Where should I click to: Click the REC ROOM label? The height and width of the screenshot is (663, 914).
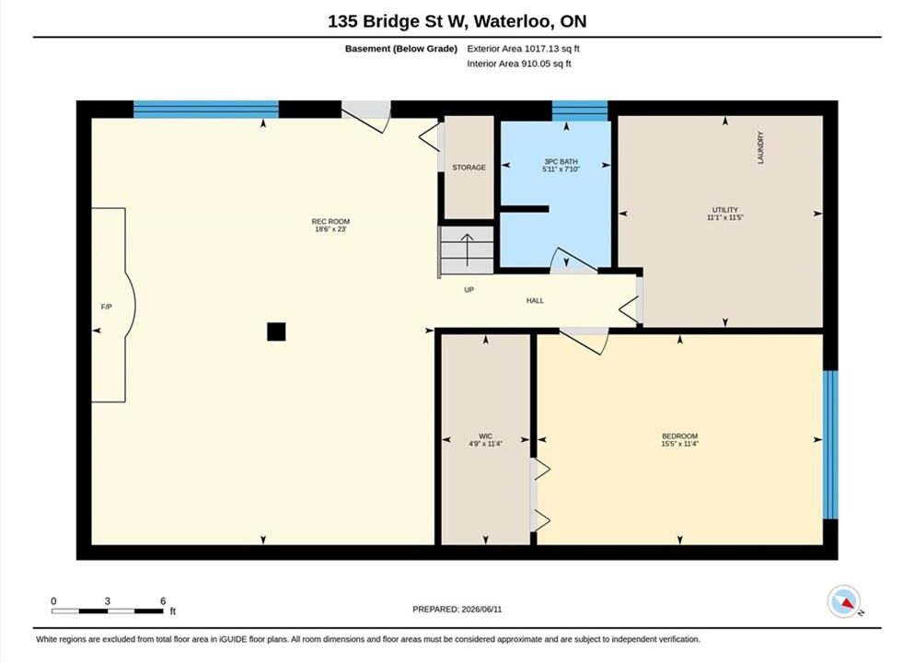[x=330, y=222]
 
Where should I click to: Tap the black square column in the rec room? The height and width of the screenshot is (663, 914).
[x=276, y=331]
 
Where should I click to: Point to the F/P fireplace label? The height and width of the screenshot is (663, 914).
[x=106, y=307]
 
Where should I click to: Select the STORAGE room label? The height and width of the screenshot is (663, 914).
[x=469, y=168]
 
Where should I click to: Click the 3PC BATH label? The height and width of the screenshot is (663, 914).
[x=561, y=161]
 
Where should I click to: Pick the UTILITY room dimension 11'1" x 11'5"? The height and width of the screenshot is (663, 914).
[x=725, y=217]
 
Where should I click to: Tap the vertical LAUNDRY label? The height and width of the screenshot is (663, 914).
[x=760, y=147]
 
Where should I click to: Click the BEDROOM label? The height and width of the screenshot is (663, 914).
[x=679, y=436]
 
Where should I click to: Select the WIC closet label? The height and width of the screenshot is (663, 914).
[x=486, y=436]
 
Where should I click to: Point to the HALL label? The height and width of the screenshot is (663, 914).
[x=535, y=301]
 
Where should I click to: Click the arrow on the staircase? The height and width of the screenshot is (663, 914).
[x=467, y=250]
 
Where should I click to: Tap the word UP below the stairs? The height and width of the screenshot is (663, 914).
[x=469, y=290]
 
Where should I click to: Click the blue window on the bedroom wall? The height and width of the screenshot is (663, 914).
[x=830, y=445]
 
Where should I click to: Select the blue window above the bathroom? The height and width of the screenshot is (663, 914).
[x=580, y=110]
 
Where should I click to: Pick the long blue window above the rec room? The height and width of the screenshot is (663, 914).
[x=206, y=110]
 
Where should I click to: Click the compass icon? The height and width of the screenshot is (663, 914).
[x=843, y=602]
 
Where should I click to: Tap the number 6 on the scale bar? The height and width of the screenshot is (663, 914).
[x=163, y=600]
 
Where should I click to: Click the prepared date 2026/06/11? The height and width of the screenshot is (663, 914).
[x=481, y=610]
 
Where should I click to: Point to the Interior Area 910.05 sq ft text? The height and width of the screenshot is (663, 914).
[x=519, y=64]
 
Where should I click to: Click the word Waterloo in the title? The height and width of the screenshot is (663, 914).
[x=513, y=21]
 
